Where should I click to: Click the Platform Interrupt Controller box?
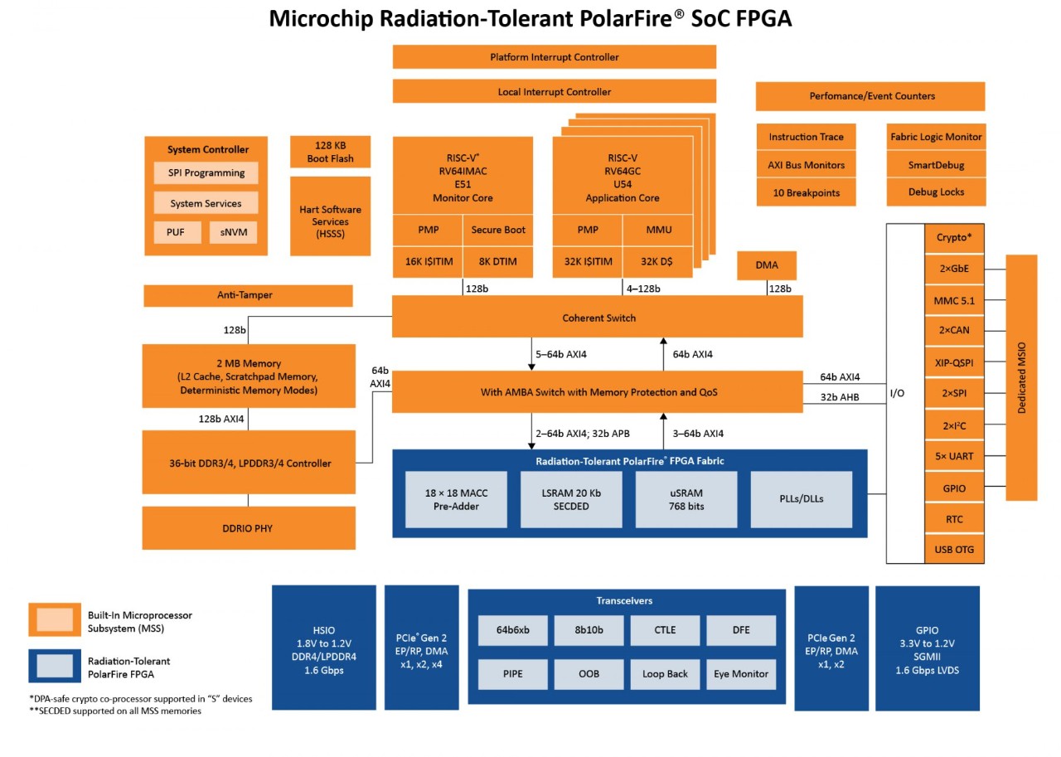(554, 57)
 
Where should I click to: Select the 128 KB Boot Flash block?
(330, 152)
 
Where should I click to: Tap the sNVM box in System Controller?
(233, 233)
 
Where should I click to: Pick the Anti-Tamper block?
(249, 295)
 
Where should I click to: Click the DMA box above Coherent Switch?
(767, 265)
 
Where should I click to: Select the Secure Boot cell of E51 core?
(498, 230)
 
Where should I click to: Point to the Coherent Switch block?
(597, 317)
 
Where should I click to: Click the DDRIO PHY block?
(249, 528)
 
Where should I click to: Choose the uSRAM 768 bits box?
(686, 499)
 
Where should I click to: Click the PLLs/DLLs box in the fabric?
(801, 499)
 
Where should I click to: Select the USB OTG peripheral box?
(954, 550)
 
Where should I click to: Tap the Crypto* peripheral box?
(954, 237)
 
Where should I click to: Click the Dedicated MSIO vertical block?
(1021, 377)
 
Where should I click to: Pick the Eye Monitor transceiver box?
(741, 673)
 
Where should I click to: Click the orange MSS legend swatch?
(55, 619)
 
